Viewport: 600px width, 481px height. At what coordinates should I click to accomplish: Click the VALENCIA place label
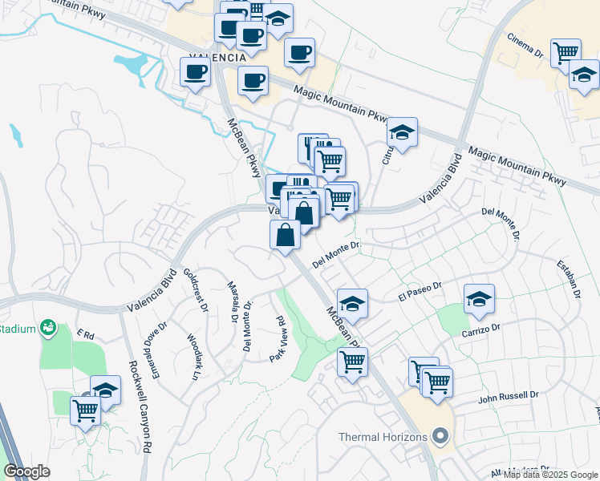[216, 59]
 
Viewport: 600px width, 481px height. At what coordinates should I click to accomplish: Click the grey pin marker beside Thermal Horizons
[439, 437]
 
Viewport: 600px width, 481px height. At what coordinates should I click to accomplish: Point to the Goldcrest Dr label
[197, 290]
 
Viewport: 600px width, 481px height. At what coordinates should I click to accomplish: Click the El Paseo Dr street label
[420, 292]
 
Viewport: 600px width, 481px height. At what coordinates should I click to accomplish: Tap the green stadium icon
[48, 327]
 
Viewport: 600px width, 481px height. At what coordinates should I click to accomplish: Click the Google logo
[26, 471]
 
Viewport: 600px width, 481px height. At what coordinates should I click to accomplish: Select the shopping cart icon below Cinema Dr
[566, 52]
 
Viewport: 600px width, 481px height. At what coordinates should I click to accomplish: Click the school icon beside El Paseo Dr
[479, 300]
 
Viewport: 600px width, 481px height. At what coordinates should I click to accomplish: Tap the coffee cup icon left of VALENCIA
[195, 72]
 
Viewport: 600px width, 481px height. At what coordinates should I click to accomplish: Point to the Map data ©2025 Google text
[550, 474]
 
